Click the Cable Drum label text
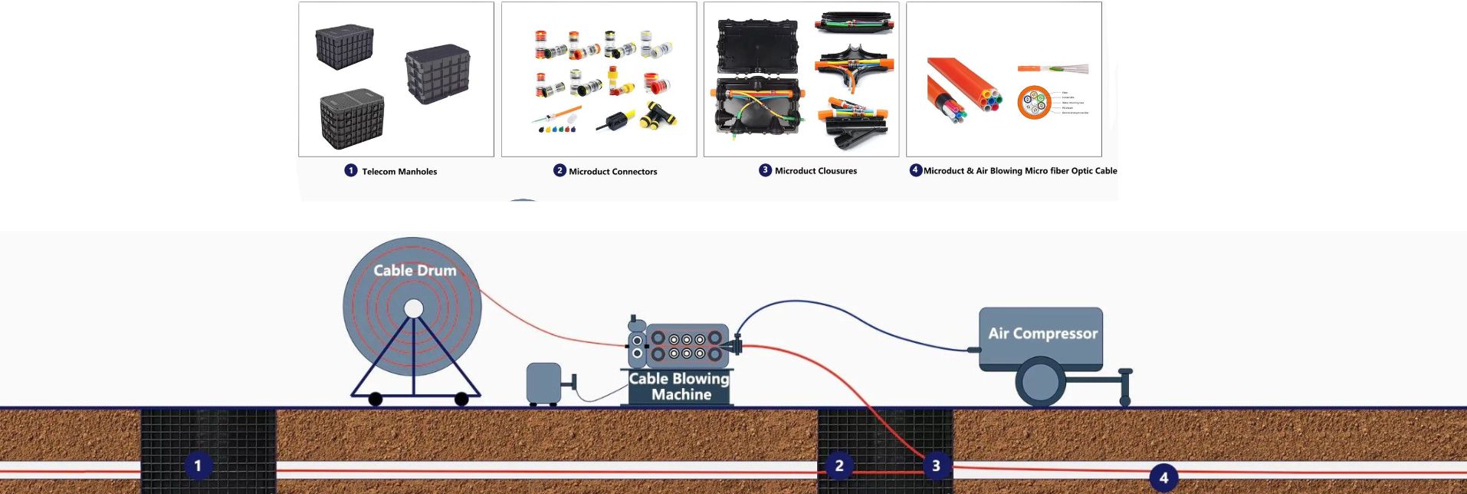click(x=415, y=270)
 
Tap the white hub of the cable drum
click(x=414, y=308)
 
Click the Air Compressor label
click(x=1042, y=334)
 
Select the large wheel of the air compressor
click(x=1040, y=382)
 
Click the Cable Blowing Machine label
click(x=679, y=387)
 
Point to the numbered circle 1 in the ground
click(x=198, y=465)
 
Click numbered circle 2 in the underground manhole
click(x=839, y=465)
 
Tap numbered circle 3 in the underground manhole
click(x=936, y=465)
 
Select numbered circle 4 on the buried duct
click(x=1163, y=477)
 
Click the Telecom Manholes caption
click(x=399, y=171)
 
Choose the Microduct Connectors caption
click(x=612, y=171)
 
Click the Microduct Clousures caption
click(x=816, y=170)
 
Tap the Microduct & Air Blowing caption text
click(x=1019, y=170)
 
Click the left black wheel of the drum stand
click(x=376, y=399)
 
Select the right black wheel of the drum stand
click(x=461, y=399)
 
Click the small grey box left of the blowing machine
click(x=543, y=383)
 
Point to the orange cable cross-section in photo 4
click(x=1034, y=103)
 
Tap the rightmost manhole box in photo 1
click(x=437, y=73)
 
